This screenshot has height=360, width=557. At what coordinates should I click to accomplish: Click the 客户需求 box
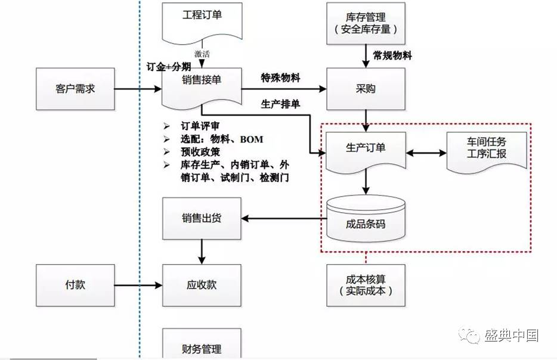[x=75, y=89]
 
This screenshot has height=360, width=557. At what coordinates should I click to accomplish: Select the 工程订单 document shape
[x=202, y=21]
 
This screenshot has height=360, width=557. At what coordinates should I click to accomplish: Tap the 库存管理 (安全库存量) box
[x=366, y=23]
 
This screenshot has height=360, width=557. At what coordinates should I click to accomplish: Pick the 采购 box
[x=366, y=89]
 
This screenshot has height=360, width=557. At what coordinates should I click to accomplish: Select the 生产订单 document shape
[x=366, y=150]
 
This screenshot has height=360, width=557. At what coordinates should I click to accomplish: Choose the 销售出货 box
[x=202, y=218]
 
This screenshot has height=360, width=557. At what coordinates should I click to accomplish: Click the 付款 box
[x=75, y=285]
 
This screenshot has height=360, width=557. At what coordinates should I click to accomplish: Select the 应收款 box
[x=202, y=285]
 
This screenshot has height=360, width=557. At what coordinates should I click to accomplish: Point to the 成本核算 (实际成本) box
[x=366, y=285]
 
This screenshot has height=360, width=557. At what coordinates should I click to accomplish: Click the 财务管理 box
[x=202, y=347]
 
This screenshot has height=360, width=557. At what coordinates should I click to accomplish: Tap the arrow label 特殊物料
[x=280, y=78]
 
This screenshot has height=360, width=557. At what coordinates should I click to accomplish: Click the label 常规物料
[x=392, y=55]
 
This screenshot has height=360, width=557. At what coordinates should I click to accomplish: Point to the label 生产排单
[x=280, y=104]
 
